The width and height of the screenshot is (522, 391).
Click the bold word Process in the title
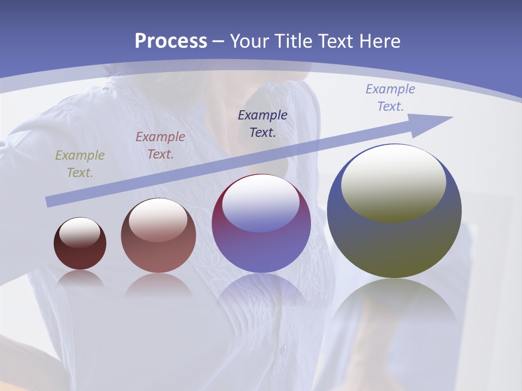click(171, 41)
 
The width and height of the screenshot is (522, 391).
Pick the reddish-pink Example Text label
click(160, 146)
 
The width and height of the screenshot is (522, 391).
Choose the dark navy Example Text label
click(263, 123)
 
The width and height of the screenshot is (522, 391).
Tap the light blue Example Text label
click(390, 98)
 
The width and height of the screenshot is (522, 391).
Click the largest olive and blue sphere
click(394, 244)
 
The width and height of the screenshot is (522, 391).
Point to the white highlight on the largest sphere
click(393, 182)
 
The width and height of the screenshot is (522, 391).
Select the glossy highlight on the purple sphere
click(261, 204)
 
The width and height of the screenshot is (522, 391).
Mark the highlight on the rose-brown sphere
click(158, 220)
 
